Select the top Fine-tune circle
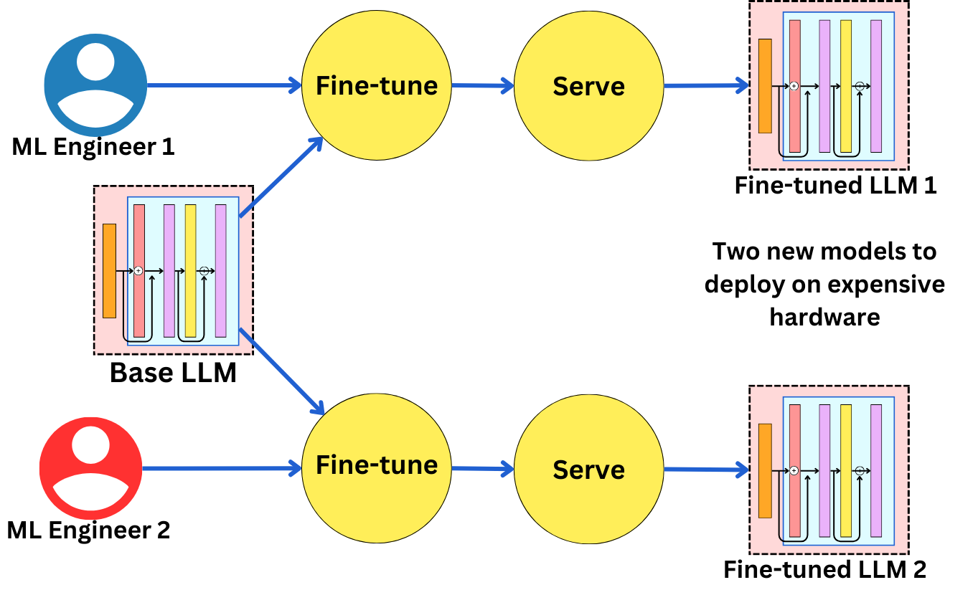(377, 85)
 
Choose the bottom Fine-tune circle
(377, 465)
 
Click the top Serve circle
(588, 87)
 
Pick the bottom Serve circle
(588, 470)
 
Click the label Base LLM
(173, 373)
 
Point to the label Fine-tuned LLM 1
(835, 185)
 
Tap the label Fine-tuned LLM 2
(824, 570)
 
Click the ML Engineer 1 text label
(93, 147)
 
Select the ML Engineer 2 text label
(88, 530)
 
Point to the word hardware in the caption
(824, 316)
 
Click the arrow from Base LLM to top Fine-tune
(280, 176)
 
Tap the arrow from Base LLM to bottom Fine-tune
(281, 372)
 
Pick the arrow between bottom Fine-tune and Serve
(482, 470)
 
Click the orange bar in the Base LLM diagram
(109, 270)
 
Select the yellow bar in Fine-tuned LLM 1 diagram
(846, 86)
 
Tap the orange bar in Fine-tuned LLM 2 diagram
(765, 470)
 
